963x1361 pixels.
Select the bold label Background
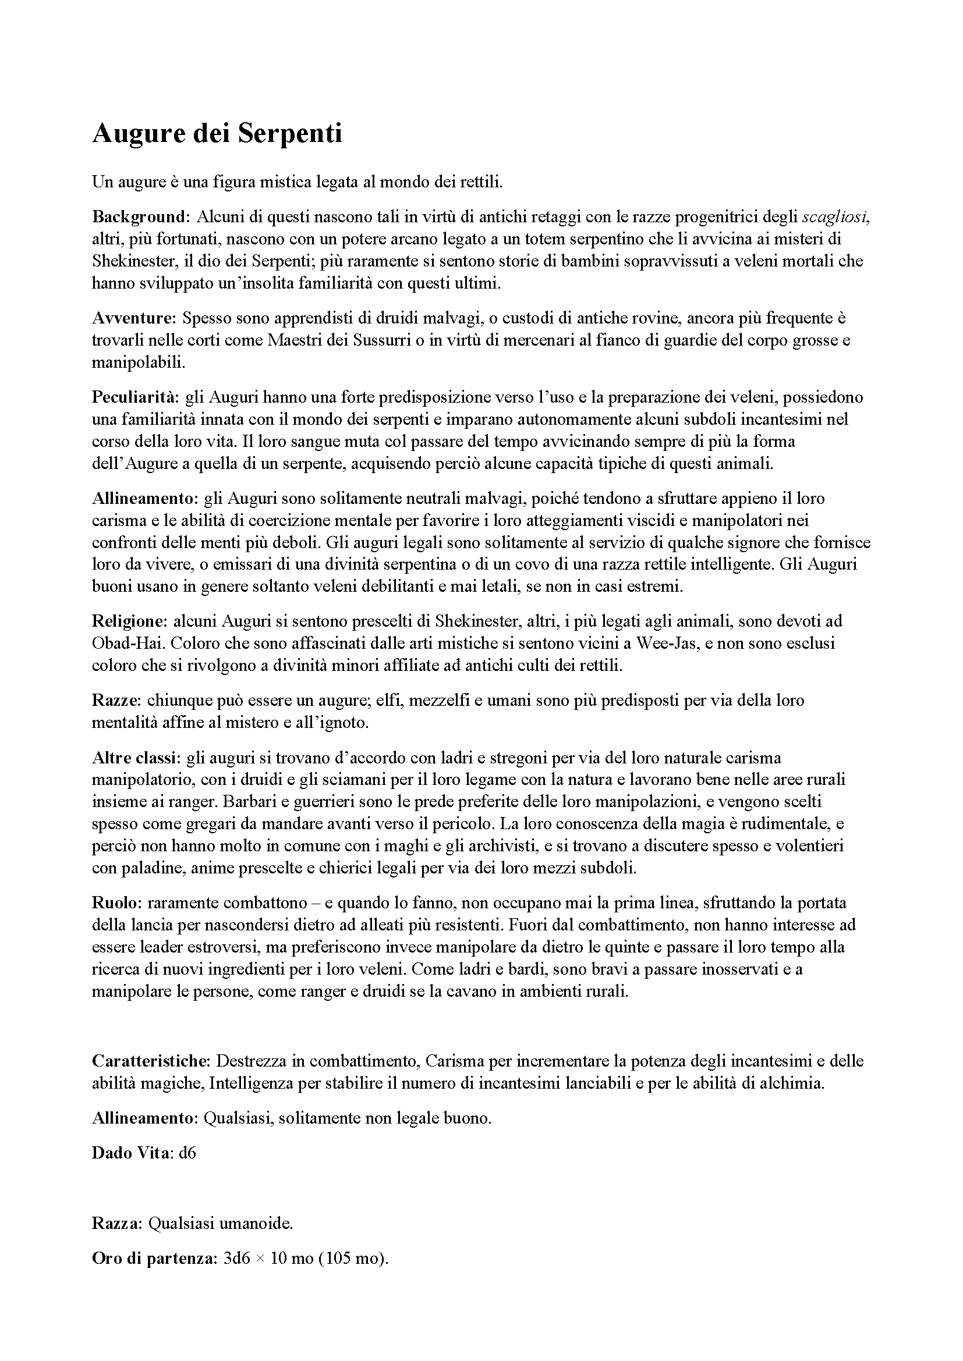pos(139,217)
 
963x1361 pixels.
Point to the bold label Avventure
pos(133,318)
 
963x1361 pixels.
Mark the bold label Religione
pos(130,621)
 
